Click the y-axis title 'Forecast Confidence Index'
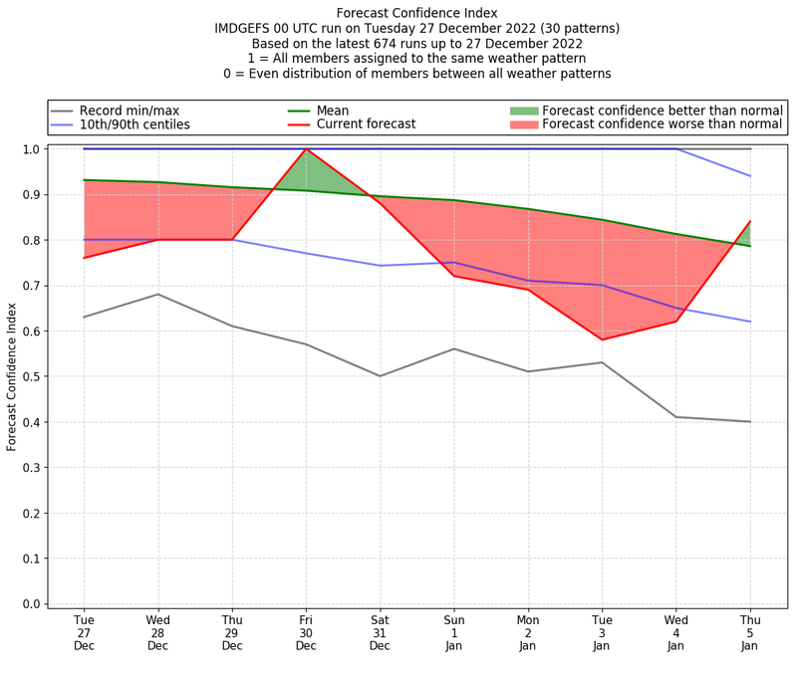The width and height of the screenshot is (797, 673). [x=12, y=376]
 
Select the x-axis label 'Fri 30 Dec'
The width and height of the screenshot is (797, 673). [x=306, y=632]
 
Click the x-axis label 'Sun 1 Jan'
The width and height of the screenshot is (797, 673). [x=454, y=632]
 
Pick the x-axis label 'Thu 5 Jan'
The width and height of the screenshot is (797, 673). [x=750, y=632]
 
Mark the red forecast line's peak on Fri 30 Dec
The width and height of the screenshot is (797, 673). [x=306, y=149]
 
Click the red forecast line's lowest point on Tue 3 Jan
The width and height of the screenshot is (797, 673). [x=602, y=339]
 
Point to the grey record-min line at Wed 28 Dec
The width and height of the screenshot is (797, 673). [x=157, y=294]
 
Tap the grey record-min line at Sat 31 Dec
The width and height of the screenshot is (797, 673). [x=380, y=376]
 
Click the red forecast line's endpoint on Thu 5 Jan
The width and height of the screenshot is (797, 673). [x=750, y=221]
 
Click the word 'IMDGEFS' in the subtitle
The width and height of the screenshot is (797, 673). [x=246, y=29]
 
